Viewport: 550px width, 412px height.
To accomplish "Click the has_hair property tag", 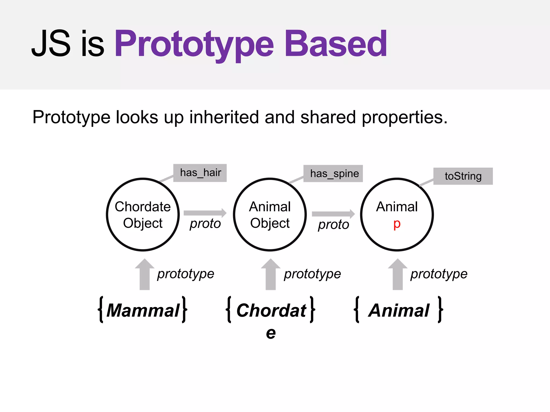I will tap(200, 173).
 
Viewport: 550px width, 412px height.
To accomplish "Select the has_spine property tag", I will tap(333, 174).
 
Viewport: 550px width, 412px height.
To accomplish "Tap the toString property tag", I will tap(463, 176).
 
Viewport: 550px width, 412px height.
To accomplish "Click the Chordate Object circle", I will tap(143, 214).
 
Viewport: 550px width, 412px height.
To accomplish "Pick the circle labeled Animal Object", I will tap(270, 214).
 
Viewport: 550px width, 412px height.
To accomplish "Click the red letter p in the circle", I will tap(397, 224).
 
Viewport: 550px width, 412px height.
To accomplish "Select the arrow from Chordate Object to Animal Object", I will tap(205, 213).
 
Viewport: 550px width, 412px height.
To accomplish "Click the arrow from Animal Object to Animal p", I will tap(333, 214).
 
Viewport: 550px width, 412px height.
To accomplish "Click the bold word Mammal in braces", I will tap(143, 310).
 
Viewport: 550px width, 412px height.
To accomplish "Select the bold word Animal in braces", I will tap(399, 310).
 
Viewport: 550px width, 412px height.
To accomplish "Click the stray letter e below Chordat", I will tap(271, 333).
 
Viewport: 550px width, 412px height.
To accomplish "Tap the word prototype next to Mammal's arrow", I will tap(186, 274).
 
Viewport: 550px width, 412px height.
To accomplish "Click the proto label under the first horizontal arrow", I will tap(205, 223).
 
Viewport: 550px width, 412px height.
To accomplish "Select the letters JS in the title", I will tap(51, 44).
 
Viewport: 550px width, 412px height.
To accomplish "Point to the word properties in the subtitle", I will tap(404, 118).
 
